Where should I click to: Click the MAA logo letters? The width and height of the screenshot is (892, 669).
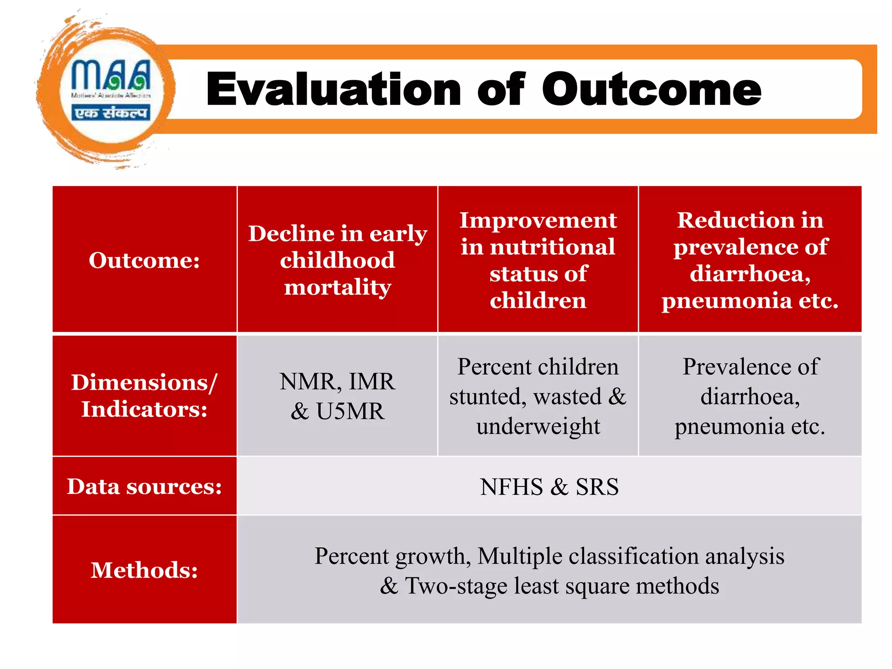[111, 75]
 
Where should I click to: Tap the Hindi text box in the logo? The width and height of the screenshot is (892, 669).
[111, 113]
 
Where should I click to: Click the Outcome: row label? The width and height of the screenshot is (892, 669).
[144, 260]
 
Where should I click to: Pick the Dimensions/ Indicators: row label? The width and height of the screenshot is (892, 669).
[144, 395]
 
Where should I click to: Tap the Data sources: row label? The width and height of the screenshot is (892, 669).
[144, 487]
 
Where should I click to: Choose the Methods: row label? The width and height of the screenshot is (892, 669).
[144, 570]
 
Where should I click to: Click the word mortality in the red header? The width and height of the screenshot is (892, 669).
[338, 287]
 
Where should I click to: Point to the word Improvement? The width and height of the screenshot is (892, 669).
[538, 220]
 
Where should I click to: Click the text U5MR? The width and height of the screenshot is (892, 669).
[350, 411]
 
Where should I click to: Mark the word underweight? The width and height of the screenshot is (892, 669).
[538, 426]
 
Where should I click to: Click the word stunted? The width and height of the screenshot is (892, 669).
[487, 397]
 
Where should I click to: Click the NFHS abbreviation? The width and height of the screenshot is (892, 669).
[511, 487]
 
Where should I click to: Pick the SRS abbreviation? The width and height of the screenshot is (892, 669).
[597, 487]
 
